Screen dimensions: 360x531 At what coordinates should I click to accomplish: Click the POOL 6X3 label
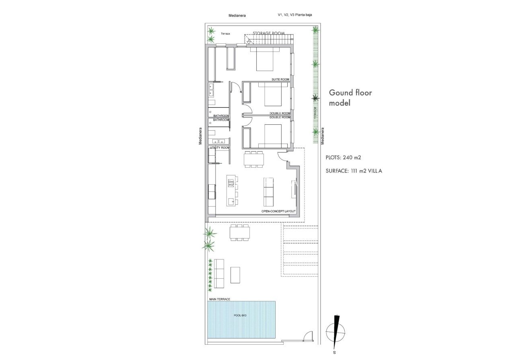[240, 316]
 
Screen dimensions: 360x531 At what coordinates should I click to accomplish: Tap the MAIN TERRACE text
[220, 300]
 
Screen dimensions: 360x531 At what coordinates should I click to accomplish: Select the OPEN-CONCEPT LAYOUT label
[278, 212]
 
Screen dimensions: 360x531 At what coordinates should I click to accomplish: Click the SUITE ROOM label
[280, 80]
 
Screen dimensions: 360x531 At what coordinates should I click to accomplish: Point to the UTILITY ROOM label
[219, 148]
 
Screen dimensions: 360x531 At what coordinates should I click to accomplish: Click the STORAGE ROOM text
[268, 33]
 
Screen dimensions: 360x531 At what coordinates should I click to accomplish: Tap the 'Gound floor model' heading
[350, 98]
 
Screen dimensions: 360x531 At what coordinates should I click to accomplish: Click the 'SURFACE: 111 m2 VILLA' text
[354, 171]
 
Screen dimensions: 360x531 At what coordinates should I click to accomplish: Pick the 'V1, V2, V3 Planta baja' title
[295, 15]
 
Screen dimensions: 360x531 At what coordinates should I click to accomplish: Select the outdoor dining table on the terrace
[239, 232]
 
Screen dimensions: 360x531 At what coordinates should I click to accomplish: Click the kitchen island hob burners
[231, 184]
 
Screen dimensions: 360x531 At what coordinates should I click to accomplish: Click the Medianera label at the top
[237, 16]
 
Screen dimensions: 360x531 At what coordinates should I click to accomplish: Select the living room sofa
[268, 191]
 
